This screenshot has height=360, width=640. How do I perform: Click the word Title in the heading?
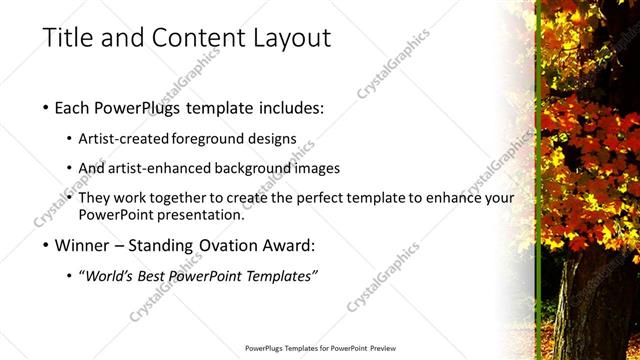[x=66, y=38]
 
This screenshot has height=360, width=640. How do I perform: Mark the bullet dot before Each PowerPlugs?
[x=47, y=108]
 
